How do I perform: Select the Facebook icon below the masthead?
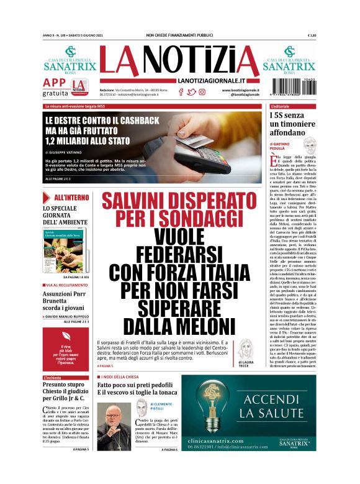[181, 92]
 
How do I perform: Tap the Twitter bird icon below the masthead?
[191, 92]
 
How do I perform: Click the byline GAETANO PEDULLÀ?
[284, 146]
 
